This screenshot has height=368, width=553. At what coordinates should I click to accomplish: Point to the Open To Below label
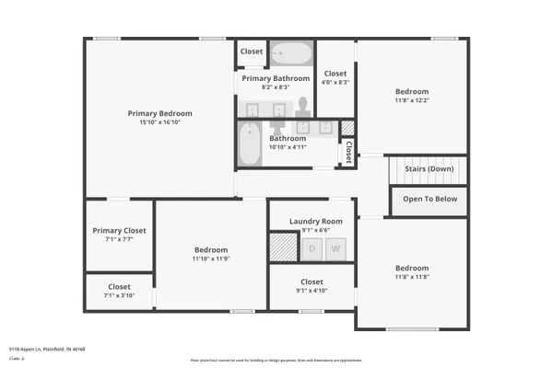point(429,198)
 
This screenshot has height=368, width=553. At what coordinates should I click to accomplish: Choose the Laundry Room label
point(315,222)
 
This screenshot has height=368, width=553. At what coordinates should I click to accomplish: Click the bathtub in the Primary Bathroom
point(292,52)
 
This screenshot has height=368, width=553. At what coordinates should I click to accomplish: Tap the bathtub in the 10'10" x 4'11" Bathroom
point(251,146)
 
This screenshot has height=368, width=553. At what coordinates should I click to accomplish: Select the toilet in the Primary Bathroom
point(304,103)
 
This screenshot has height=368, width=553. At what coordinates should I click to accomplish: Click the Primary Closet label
point(119,231)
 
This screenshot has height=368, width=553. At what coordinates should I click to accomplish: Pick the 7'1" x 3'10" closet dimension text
point(119,296)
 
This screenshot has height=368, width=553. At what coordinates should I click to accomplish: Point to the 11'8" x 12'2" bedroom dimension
point(412,100)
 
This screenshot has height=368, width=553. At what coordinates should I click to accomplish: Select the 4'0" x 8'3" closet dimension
point(335,82)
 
